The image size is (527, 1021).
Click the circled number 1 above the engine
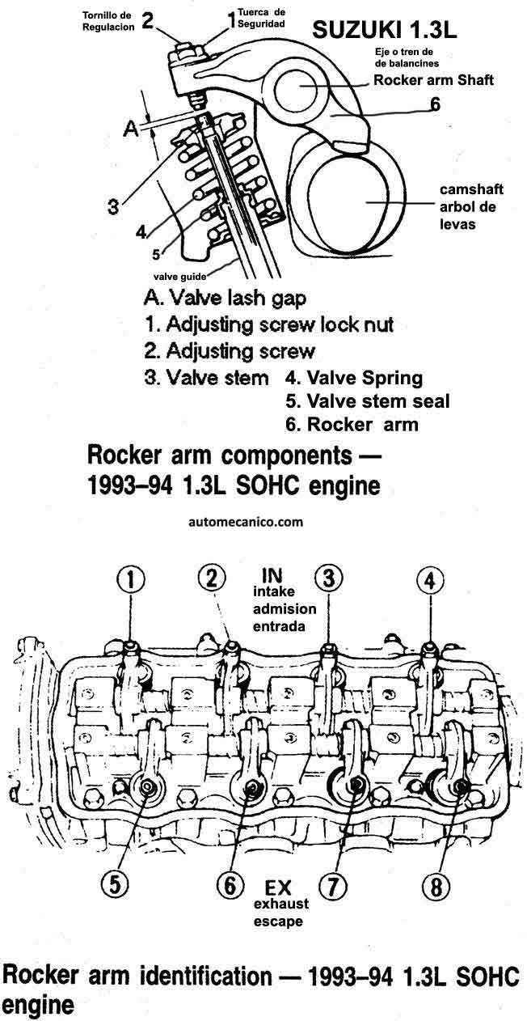pyautogui.click(x=131, y=580)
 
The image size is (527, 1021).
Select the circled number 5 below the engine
pyautogui.click(x=115, y=885)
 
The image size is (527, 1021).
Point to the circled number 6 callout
pyautogui.click(x=230, y=885)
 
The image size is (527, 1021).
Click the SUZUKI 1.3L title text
pyautogui.click(x=385, y=31)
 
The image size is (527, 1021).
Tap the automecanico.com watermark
pyautogui.click(x=246, y=522)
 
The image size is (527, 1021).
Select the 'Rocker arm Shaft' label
pyautogui.click(x=433, y=80)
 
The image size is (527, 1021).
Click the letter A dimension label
pyautogui.click(x=131, y=129)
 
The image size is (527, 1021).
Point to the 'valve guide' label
pyautogui.click(x=180, y=276)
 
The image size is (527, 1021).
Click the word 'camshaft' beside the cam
pyautogui.click(x=471, y=189)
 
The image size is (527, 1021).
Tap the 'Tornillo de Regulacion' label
pyautogui.click(x=108, y=21)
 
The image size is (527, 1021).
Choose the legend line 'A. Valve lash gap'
pyautogui.click(x=225, y=298)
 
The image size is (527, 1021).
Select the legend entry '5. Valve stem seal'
pyautogui.click(x=368, y=401)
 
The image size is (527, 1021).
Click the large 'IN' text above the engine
pyautogui.click(x=272, y=575)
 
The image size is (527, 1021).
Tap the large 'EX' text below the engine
pyautogui.click(x=278, y=888)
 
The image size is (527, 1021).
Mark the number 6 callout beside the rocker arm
pyautogui.click(x=436, y=104)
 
